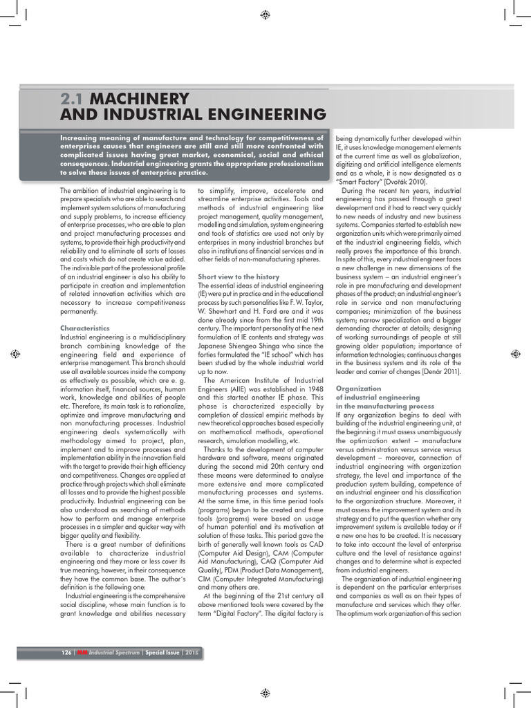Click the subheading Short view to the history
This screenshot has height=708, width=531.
point(239,276)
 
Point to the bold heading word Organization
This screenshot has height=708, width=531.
point(358,389)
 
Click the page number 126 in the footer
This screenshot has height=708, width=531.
point(66,652)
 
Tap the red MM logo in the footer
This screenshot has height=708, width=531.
point(83,652)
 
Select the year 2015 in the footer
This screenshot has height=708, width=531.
point(192,652)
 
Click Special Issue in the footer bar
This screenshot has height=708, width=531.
point(162,652)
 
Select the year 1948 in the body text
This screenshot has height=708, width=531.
point(311,389)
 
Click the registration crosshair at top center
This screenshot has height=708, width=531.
point(265,15)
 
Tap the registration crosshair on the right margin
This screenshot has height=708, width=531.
point(515,354)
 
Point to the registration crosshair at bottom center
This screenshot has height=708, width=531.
point(265,692)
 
